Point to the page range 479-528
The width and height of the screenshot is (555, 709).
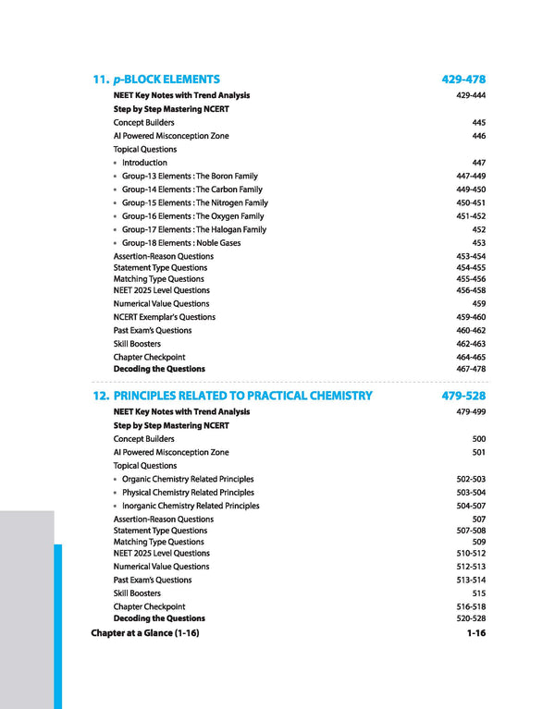pos(463,396)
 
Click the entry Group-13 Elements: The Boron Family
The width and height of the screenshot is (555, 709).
pos(190,176)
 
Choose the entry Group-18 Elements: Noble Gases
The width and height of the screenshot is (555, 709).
pos(180,243)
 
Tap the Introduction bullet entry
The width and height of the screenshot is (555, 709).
pos(144,163)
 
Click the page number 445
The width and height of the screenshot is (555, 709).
pos(478,122)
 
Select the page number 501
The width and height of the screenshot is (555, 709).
pos(478,453)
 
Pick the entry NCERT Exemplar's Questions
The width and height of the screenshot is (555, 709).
pos(164,317)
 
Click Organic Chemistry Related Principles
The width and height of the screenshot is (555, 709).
pos(188,480)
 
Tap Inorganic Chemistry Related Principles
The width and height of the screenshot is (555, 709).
pos(191,507)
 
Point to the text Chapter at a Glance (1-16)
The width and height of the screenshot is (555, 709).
pos(145,633)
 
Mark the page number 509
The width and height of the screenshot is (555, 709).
pos(478,543)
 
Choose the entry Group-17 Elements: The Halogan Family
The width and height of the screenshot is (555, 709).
pos(193,229)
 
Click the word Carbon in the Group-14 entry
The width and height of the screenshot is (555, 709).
pos(211,189)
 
